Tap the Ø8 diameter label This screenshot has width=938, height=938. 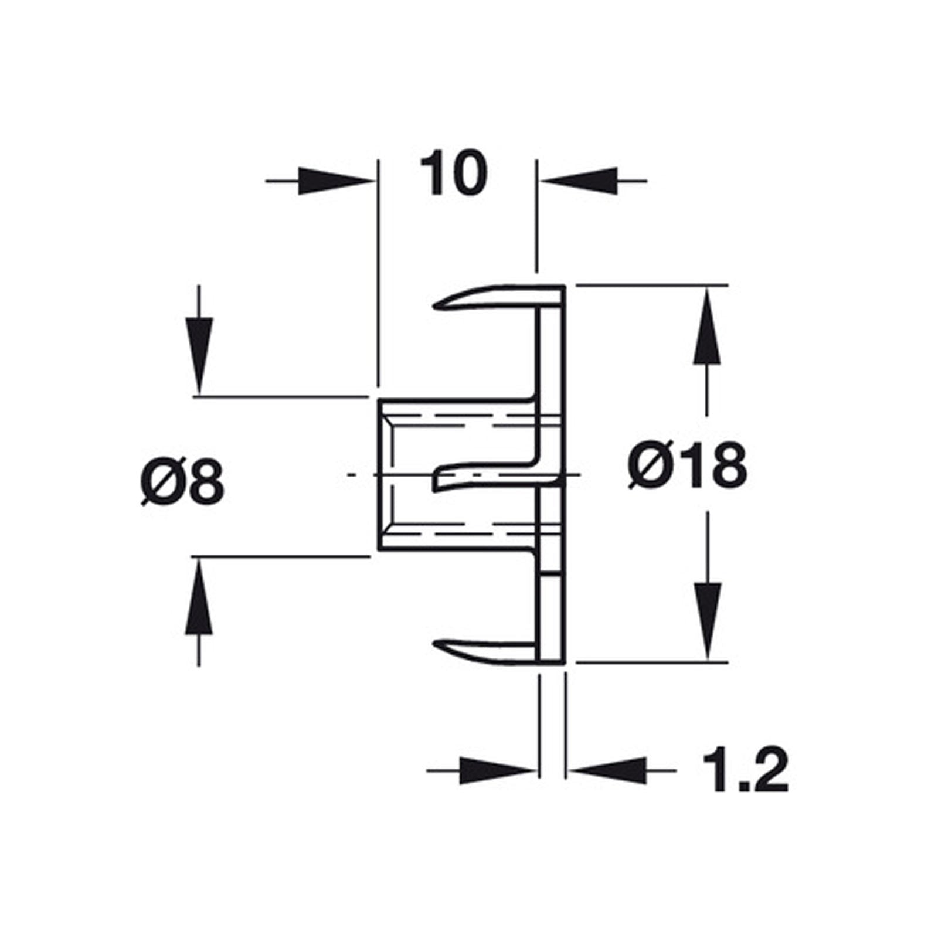coord(183,482)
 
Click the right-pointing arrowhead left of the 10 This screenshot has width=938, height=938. coord(337,181)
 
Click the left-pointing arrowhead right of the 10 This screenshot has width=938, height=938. coord(579,181)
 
